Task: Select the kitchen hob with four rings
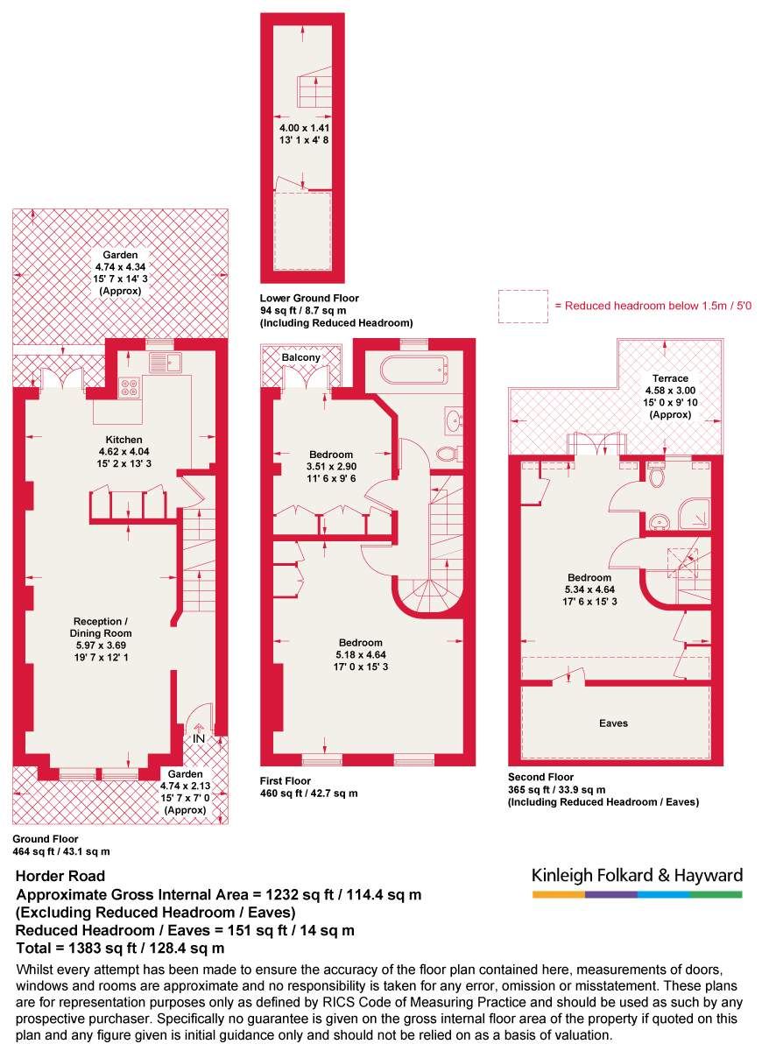(x=129, y=386)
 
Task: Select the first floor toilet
(x=448, y=453)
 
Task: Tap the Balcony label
(x=300, y=358)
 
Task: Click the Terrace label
(x=670, y=379)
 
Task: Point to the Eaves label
(x=613, y=723)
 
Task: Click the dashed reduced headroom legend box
(x=523, y=307)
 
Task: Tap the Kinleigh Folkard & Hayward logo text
(x=637, y=875)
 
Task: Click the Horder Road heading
(x=61, y=876)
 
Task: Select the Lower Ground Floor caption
(x=309, y=299)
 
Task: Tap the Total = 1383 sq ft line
(x=121, y=948)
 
